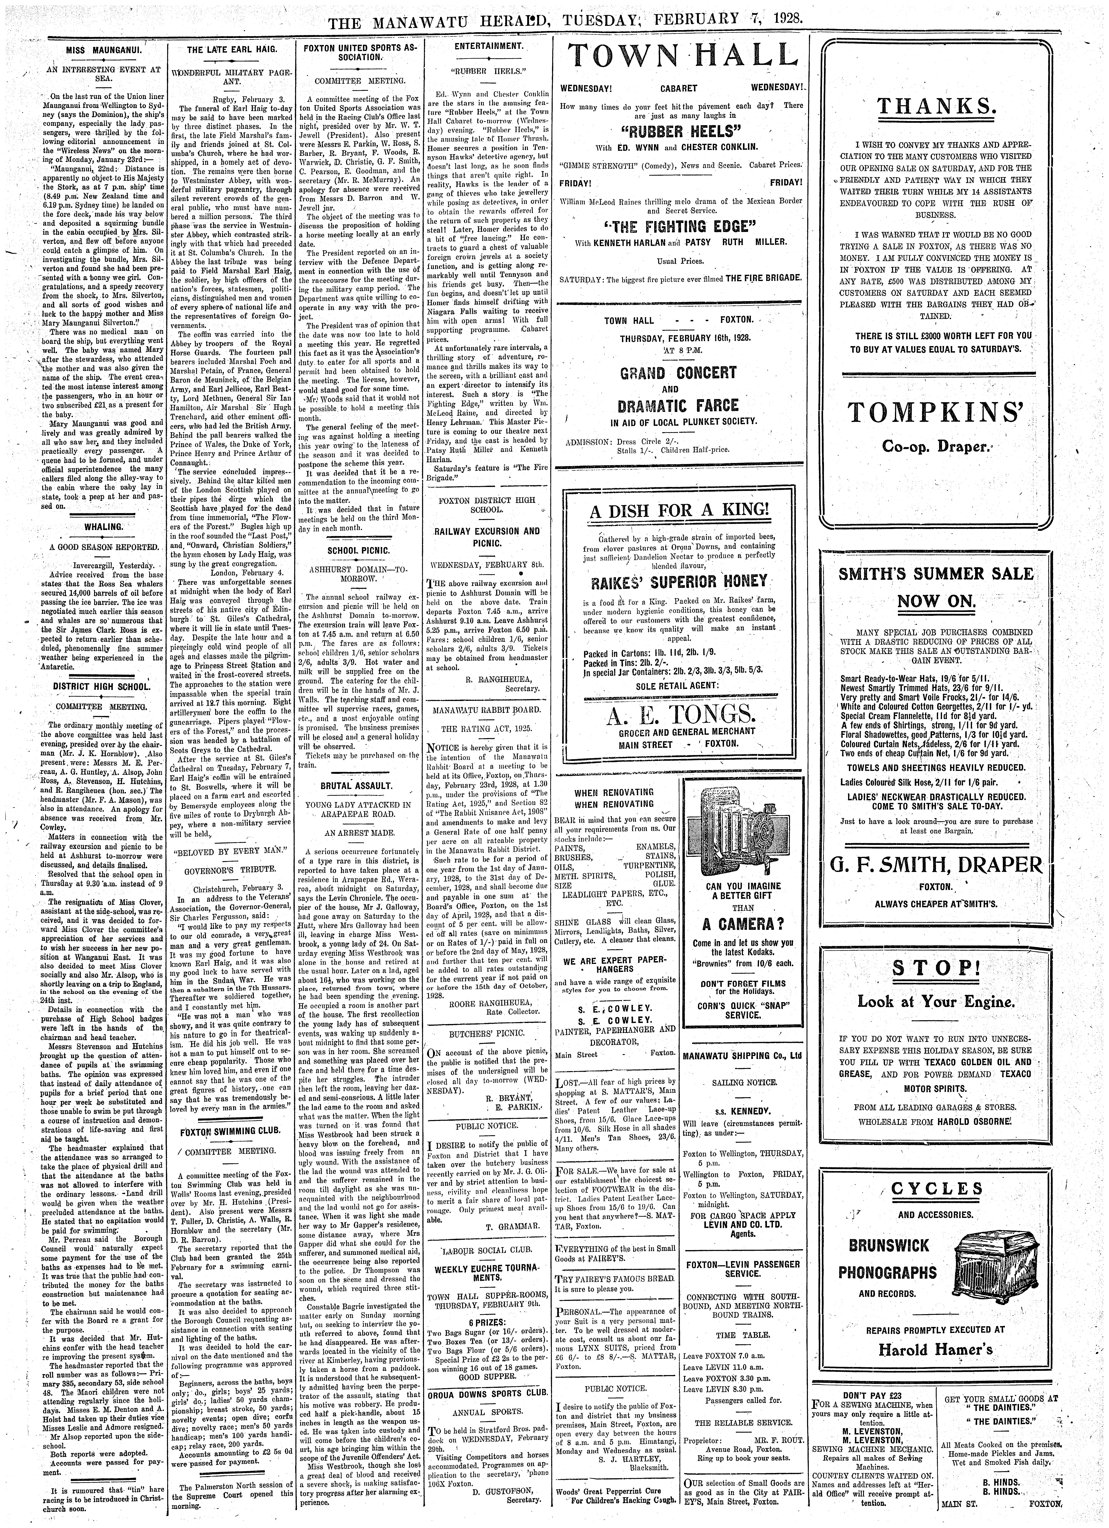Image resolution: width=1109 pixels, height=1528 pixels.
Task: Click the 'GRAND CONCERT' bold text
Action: tap(678, 373)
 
